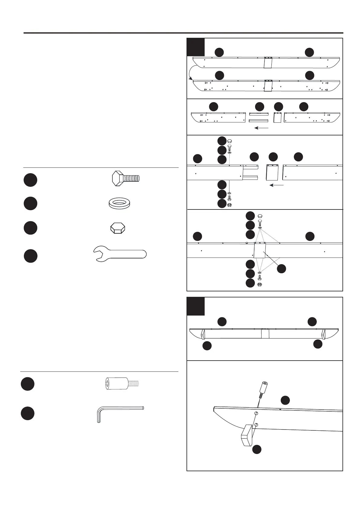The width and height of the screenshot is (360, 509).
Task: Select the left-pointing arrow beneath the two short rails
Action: click(x=261, y=128)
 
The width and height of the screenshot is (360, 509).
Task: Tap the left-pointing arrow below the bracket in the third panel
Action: click(x=276, y=185)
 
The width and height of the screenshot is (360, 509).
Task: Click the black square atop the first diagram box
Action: click(x=196, y=47)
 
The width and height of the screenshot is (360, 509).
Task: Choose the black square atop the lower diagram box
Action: click(x=196, y=306)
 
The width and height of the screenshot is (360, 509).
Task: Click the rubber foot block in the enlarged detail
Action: click(x=247, y=436)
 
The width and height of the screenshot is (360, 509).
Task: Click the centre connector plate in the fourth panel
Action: click(x=260, y=251)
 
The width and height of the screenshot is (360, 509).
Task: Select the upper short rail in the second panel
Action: click(x=259, y=114)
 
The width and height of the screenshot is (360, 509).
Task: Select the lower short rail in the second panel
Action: click(x=259, y=121)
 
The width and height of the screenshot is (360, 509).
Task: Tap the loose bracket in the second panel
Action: click(x=277, y=117)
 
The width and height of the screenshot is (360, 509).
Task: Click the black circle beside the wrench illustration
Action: click(x=30, y=256)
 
